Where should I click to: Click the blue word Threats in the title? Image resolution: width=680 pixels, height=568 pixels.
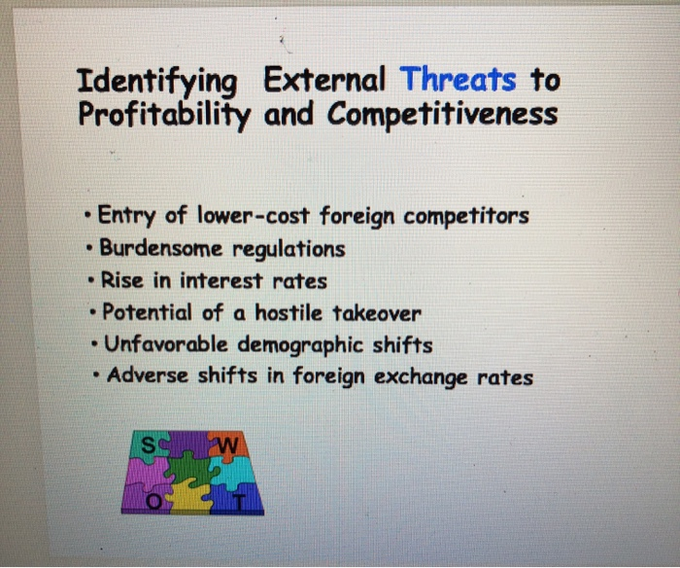click(x=458, y=78)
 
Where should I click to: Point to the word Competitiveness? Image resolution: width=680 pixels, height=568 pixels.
click(x=443, y=115)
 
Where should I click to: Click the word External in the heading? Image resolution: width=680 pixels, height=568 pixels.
click(x=325, y=78)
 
